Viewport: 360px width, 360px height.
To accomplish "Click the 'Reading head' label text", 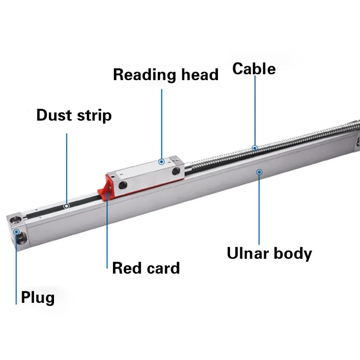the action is [x=165, y=75].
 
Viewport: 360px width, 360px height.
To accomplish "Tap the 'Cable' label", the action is [x=254, y=69].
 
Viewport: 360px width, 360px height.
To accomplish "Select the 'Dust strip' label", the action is [x=74, y=115].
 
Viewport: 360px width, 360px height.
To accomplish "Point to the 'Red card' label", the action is [x=146, y=268].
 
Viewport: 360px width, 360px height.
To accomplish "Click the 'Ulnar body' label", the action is [x=269, y=253].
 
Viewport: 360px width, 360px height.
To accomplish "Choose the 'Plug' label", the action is [x=38, y=297].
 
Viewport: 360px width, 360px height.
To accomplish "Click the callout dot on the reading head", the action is [x=162, y=161].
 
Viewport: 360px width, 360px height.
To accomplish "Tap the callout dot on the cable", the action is [x=255, y=148].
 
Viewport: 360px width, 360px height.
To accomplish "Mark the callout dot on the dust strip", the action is [x=67, y=206].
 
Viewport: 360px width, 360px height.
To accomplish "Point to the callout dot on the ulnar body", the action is [x=259, y=171].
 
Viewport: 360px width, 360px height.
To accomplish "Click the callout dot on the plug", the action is [x=17, y=232].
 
